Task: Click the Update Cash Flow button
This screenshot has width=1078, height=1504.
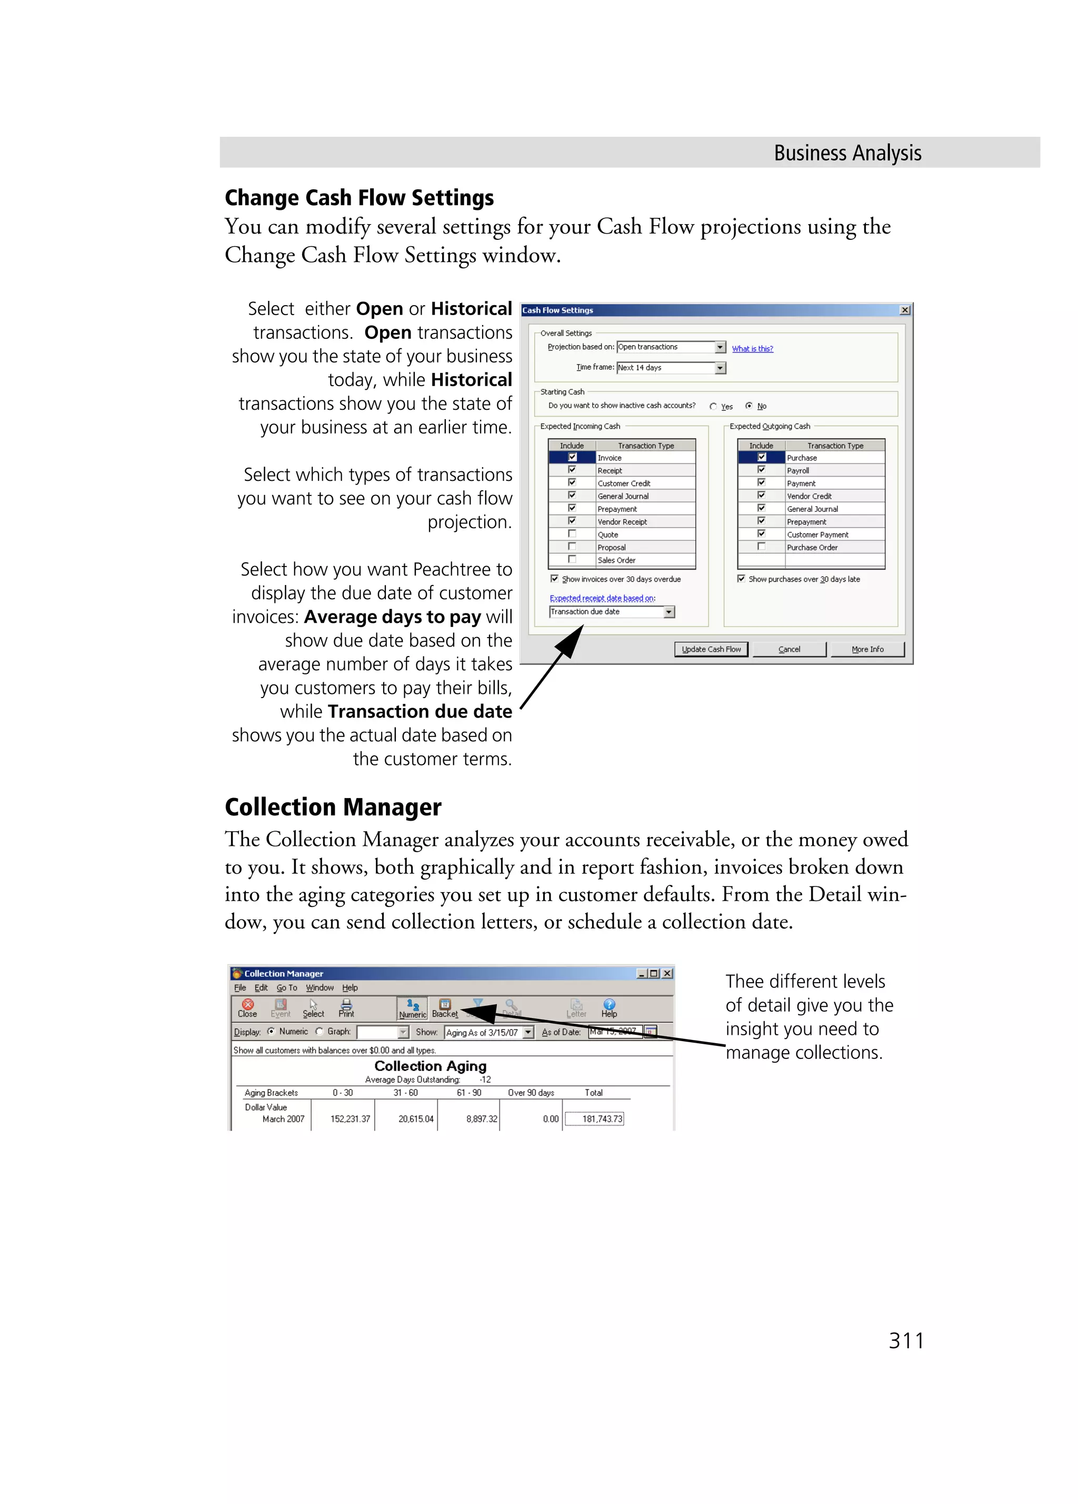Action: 711,649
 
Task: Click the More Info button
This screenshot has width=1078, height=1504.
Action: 867,649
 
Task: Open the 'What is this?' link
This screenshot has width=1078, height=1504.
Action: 752,349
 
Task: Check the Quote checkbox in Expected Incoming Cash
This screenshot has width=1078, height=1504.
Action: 572,534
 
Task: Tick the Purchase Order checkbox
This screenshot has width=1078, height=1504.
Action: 761,547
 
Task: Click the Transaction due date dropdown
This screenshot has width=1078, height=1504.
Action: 668,612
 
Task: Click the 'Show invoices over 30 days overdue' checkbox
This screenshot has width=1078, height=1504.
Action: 555,579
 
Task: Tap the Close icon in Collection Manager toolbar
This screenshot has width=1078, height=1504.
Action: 247,1008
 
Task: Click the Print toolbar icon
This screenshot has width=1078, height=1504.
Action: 346,1008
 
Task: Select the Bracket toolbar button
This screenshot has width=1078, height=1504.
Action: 444,1008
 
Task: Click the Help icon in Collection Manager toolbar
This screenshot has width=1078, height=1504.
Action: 609,1008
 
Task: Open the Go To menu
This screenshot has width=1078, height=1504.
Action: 286,987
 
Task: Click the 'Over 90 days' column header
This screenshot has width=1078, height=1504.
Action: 531,1093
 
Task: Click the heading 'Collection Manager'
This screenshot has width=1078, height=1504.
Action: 333,807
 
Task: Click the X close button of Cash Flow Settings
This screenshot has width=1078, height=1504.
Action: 904,310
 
